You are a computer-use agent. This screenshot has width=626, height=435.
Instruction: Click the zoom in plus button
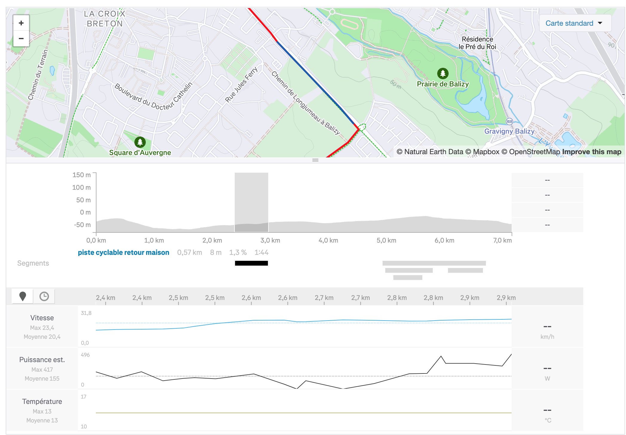click(x=21, y=23)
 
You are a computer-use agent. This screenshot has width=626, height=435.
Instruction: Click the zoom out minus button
click(x=21, y=39)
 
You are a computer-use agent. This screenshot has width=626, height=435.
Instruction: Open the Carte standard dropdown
click(x=574, y=23)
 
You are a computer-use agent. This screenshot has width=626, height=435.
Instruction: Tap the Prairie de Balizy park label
click(x=443, y=84)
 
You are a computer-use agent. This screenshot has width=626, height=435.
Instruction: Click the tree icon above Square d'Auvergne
click(x=140, y=142)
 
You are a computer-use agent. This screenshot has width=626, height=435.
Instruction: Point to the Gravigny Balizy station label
click(x=509, y=131)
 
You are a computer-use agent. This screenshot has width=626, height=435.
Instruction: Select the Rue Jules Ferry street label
click(x=241, y=85)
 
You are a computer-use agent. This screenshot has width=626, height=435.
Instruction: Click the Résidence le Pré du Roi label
click(x=477, y=43)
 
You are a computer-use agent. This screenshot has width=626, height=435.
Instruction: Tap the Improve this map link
click(x=591, y=152)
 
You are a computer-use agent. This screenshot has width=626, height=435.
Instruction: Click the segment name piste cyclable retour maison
click(x=123, y=252)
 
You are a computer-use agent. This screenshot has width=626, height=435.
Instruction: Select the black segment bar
click(x=251, y=263)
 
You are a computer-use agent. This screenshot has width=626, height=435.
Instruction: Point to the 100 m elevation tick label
click(x=81, y=187)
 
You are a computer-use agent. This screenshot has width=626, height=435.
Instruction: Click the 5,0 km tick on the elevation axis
click(x=386, y=240)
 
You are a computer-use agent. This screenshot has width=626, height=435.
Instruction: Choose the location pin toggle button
click(x=22, y=296)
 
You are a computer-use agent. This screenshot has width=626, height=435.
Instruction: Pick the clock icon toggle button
click(x=44, y=296)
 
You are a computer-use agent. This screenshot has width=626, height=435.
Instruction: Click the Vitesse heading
click(x=42, y=318)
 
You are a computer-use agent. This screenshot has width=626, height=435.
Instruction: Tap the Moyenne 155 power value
click(x=42, y=379)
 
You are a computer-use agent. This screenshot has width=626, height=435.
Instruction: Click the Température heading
click(x=42, y=402)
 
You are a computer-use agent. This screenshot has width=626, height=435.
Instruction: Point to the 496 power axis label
click(x=85, y=355)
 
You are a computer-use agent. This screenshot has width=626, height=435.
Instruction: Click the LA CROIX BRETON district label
click(x=105, y=19)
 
